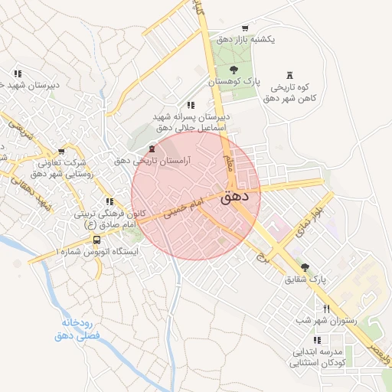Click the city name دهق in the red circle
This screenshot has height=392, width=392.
click(240, 196)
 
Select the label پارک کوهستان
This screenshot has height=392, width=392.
click(237, 80)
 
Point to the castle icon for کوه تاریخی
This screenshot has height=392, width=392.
click(289, 74)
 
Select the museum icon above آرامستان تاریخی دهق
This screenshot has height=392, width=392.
click(152, 148)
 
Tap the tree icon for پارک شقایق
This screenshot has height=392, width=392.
click(305, 267)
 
